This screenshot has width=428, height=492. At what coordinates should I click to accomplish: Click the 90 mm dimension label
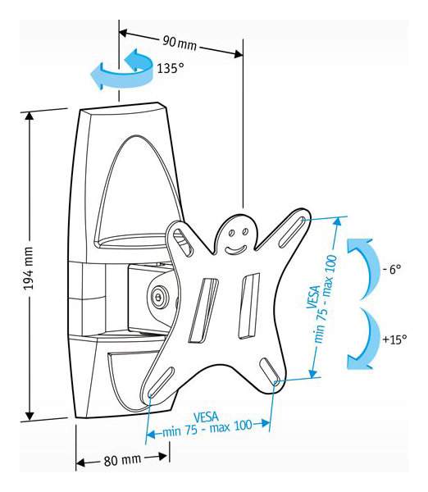(180, 43)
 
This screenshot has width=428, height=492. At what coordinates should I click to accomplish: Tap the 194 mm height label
(29, 271)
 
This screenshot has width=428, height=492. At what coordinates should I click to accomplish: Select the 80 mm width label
(122, 460)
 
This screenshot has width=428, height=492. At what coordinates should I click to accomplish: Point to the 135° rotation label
(170, 68)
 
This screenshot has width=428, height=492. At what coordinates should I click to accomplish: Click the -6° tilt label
(392, 269)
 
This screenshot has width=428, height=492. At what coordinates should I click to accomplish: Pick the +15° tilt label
(394, 339)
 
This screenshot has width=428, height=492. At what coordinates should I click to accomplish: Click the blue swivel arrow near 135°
(121, 69)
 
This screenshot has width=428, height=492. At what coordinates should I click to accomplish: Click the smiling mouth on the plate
(235, 250)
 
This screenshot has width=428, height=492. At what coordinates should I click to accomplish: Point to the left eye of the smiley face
(231, 233)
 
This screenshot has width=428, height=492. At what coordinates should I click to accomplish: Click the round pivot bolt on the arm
(159, 295)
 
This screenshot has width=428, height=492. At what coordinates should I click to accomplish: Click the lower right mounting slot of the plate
(270, 371)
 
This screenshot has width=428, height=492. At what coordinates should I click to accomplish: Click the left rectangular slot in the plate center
(203, 310)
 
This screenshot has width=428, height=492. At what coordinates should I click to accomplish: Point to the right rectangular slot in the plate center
(249, 306)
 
